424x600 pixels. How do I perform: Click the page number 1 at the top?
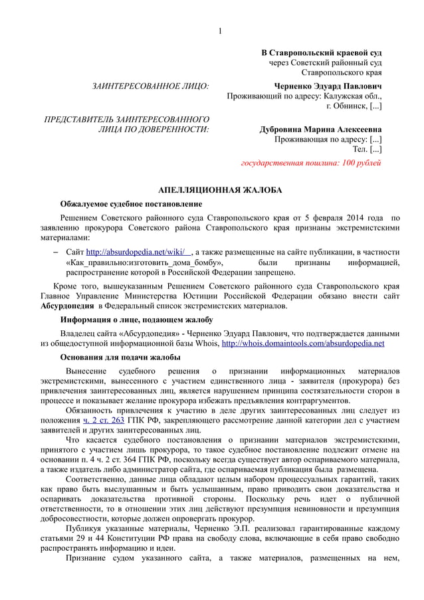(220, 31)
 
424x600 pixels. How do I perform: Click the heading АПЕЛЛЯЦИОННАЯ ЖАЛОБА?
(219, 190)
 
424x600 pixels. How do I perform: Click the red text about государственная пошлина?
(310, 162)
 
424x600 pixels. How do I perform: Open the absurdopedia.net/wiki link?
(139, 252)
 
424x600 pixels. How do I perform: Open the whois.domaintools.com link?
(302, 344)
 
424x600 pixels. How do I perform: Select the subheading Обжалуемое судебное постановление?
(131, 203)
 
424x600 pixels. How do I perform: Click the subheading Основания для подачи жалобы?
(120, 357)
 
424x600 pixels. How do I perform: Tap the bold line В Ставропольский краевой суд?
(321, 52)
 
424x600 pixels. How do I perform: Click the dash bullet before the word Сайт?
(56, 252)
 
